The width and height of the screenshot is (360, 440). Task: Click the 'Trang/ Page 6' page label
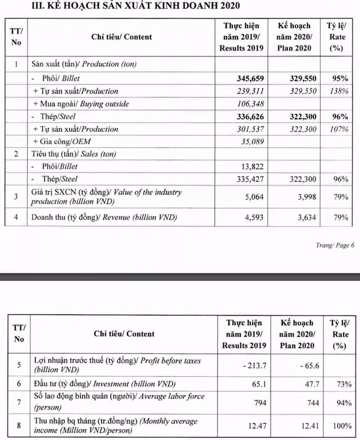coord(336,245)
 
